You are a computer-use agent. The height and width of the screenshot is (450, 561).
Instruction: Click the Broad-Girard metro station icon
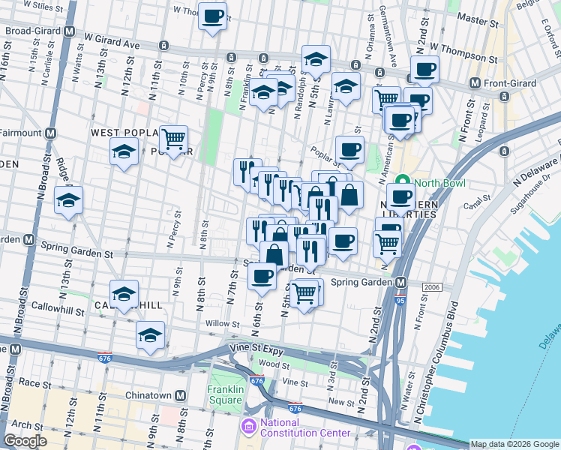pos(69,31)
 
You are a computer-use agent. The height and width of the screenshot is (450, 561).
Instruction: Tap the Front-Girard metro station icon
pos(474,82)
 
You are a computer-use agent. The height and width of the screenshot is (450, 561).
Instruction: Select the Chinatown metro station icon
pos(180,395)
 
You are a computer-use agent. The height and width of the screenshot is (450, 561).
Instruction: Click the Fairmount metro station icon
pos(50,133)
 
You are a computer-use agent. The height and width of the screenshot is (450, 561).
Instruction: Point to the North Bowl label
pos(437,182)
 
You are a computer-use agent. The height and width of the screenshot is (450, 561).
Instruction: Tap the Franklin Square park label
pos(225,394)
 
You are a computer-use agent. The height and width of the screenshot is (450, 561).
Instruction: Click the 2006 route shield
pos(430,287)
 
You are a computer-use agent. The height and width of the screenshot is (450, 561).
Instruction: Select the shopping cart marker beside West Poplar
pos(173,139)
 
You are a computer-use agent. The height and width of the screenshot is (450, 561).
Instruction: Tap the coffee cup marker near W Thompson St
pos(425,70)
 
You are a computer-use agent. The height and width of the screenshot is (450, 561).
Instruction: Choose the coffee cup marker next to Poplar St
pos(349,149)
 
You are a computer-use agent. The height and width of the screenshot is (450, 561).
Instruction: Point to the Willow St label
pos(223,324)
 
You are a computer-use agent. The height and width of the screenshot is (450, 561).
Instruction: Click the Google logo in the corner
pos(25,441)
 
